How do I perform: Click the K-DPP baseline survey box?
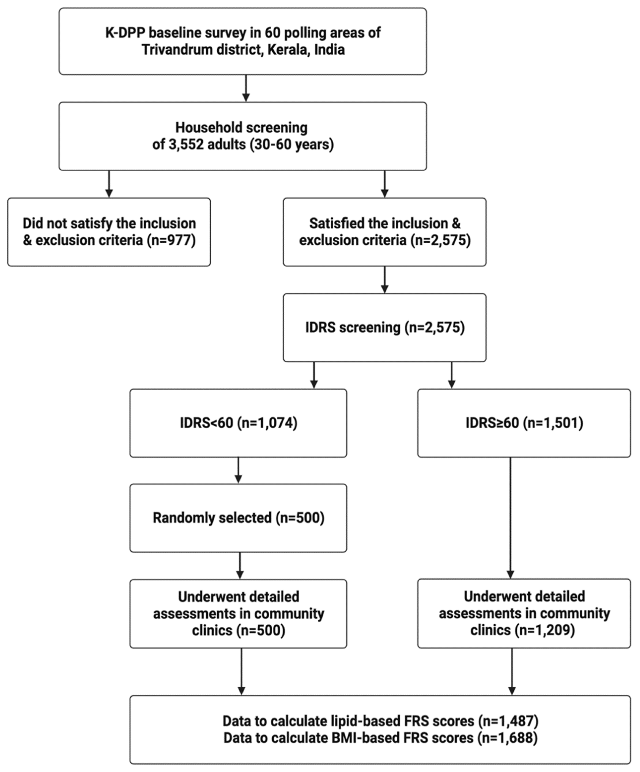243,41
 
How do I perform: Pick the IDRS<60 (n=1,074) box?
238,423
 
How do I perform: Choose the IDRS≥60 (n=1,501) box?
524,423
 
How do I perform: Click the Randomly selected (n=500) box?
238,518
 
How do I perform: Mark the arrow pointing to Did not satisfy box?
109,184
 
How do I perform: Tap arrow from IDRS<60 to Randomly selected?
238,470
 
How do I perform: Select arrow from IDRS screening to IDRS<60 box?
314,375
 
